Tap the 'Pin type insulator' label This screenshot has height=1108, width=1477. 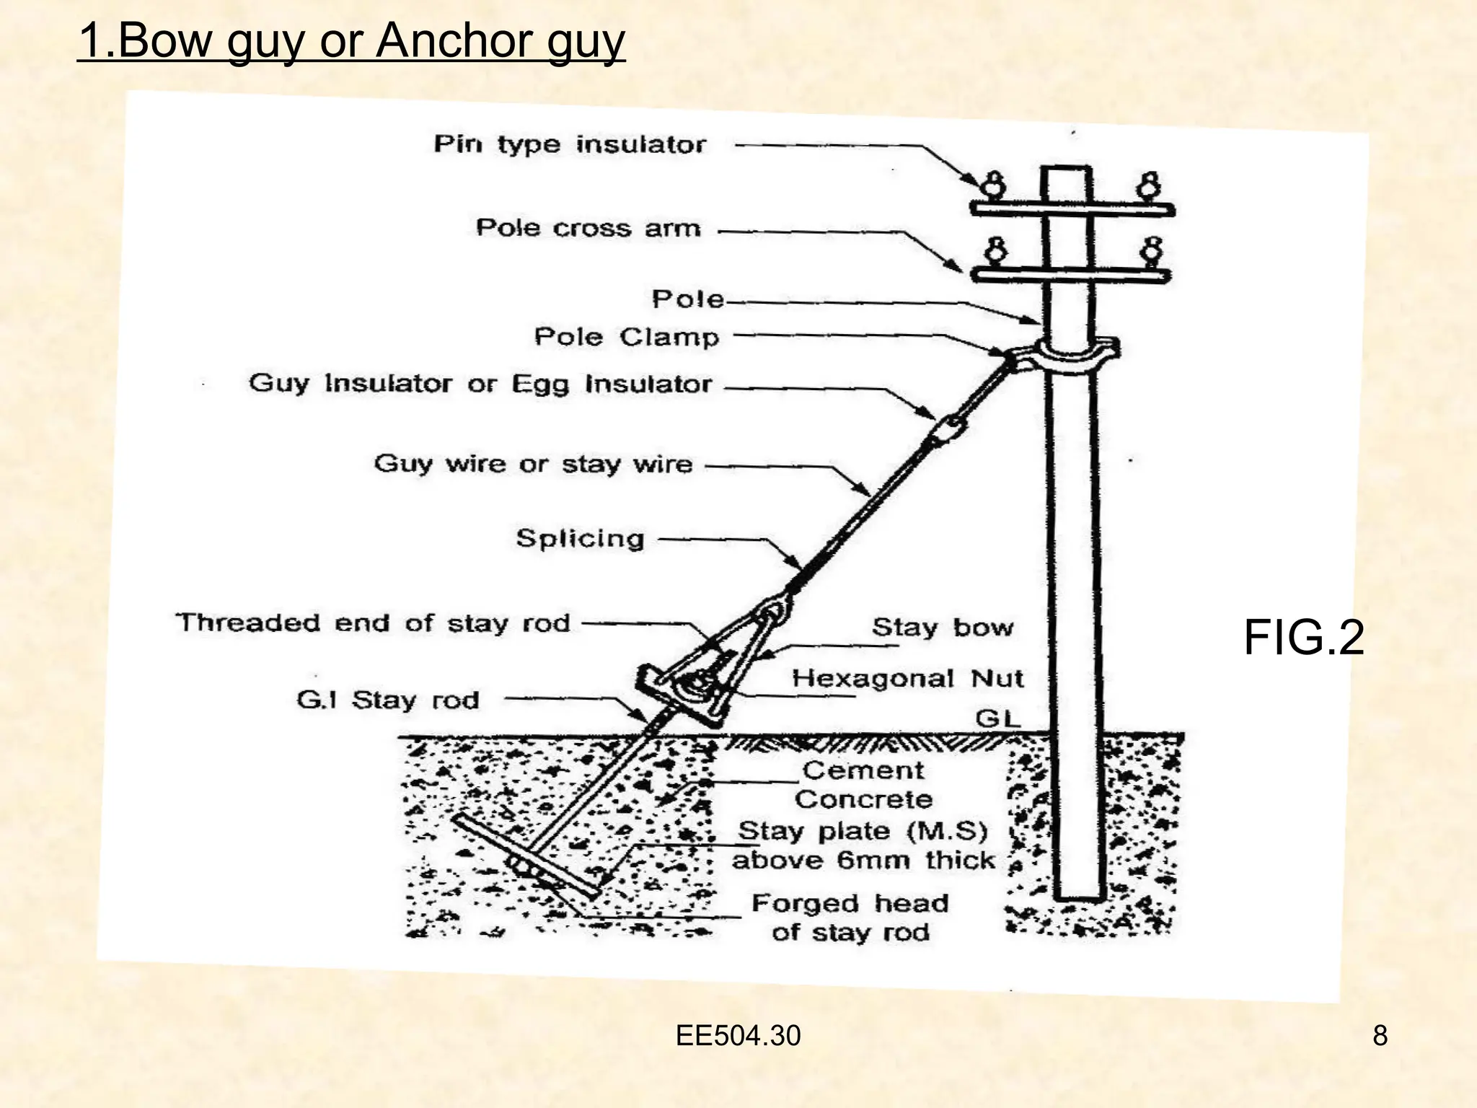[x=570, y=144]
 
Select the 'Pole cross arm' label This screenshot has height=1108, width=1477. [x=588, y=228]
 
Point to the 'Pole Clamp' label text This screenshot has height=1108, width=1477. [x=627, y=337]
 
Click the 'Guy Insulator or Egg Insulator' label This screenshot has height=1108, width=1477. [x=480, y=383]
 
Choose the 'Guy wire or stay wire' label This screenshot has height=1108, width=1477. [x=533, y=463]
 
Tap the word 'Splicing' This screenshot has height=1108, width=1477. [x=580, y=538]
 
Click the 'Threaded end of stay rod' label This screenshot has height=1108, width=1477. [x=374, y=623]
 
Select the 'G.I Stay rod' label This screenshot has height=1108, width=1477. [x=388, y=700]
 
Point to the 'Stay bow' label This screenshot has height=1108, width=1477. [x=943, y=627]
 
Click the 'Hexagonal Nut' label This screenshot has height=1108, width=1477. [x=908, y=678]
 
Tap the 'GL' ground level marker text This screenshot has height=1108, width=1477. [x=998, y=718]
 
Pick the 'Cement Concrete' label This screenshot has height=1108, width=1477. [x=863, y=785]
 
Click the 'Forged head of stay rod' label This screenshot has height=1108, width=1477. [x=850, y=918]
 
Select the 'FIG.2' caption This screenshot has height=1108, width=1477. [x=1304, y=638]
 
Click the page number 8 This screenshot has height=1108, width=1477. [x=1380, y=1036]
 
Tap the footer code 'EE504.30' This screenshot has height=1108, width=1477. [x=738, y=1036]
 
